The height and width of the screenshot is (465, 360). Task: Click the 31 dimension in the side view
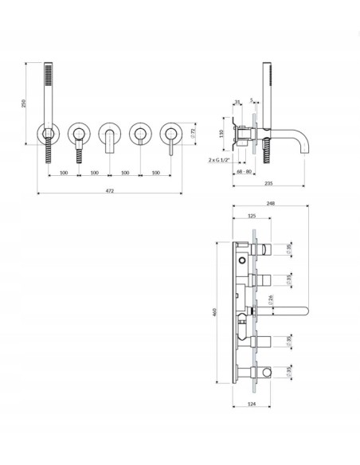click(x=238, y=101)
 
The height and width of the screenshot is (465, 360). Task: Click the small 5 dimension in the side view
click(x=252, y=101)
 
